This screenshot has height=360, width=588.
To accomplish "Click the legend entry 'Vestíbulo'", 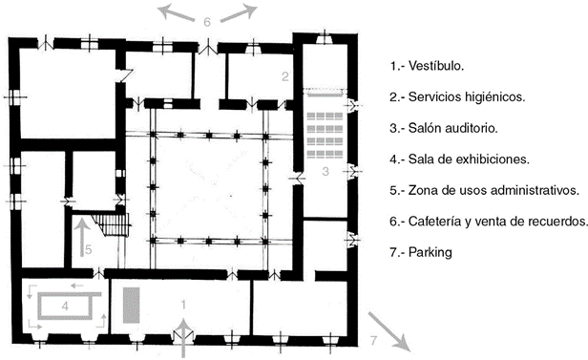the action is (436, 66).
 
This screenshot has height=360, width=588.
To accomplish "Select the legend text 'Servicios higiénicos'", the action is (467, 97).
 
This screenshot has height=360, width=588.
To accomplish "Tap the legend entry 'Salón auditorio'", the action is (453, 128).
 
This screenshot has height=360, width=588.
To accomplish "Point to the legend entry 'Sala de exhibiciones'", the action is (469, 159).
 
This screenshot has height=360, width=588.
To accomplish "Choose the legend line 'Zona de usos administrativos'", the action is (493, 190).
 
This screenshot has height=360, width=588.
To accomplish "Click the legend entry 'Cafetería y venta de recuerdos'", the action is (498, 222).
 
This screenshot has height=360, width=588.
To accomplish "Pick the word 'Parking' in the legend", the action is (430, 252).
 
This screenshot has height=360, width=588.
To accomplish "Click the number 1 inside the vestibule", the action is (183, 305).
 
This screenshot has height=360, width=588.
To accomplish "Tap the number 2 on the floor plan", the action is (285, 76).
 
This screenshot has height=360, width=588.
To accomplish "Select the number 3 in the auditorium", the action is (325, 171).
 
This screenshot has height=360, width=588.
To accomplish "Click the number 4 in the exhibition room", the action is (65, 307).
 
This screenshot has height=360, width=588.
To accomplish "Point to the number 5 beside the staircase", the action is (89, 249).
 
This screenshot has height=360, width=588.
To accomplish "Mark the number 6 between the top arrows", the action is (207, 22).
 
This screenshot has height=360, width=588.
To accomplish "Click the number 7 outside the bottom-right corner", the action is (373, 341).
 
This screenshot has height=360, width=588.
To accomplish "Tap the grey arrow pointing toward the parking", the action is (388, 332).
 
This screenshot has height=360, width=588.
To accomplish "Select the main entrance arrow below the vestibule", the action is (183, 337).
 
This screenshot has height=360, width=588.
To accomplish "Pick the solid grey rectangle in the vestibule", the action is (132, 306).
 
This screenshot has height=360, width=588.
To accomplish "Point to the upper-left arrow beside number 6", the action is (176, 12).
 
